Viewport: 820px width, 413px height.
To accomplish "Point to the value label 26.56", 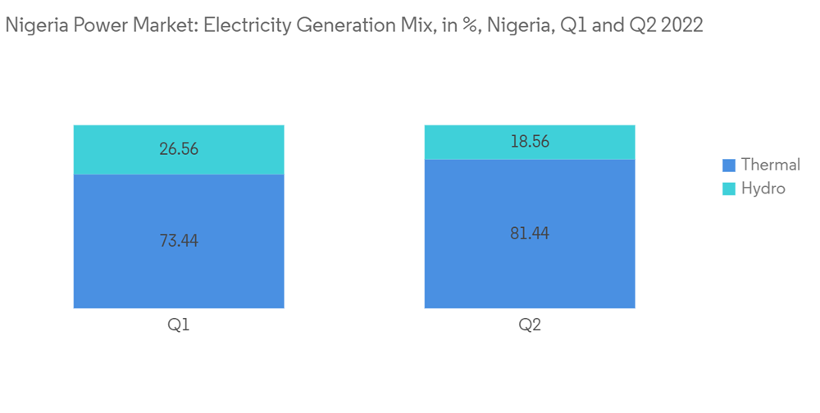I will (x=179, y=149).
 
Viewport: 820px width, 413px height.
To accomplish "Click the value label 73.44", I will (x=179, y=241).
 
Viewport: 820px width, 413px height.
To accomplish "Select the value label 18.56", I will (x=530, y=142).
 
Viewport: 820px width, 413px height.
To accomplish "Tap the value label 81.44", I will (x=530, y=234).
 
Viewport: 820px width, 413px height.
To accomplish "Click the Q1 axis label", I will (x=179, y=325).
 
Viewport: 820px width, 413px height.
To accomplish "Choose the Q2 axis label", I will (x=530, y=325).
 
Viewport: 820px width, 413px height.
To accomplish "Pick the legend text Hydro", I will (x=763, y=188).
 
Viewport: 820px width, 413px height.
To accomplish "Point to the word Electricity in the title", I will (x=244, y=25).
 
